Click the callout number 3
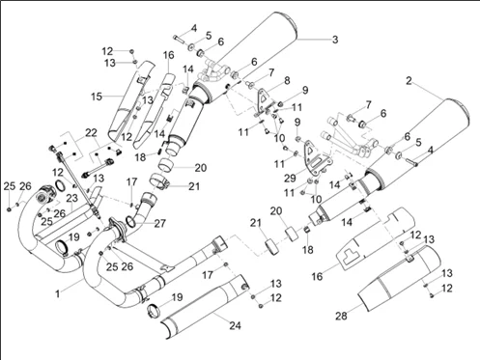[335, 40]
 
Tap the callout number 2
[409, 81]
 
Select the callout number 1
[58, 293]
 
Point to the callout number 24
[235, 325]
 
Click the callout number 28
[341, 316]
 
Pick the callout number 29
[290, 178]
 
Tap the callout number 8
[287, 80]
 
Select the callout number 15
[97, 97]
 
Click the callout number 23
[72, 198]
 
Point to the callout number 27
[159, 223]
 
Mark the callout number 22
[91, 132]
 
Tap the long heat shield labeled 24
[204, 306]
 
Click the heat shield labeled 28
[399, 279]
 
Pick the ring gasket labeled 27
[130, 221]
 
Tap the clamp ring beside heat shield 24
[154, 311]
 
